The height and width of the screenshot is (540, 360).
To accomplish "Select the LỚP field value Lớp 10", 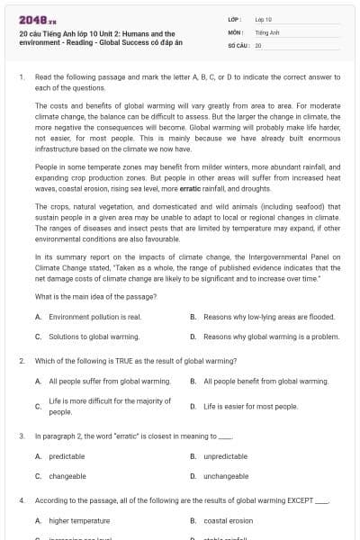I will tap(263, 19).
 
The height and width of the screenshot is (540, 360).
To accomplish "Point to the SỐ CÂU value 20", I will tap(258, 44).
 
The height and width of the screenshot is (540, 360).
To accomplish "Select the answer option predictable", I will tap(67, 456).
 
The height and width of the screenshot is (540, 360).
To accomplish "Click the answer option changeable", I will tap(67, 476).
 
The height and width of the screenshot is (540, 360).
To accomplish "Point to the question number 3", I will tap(21, 436).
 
